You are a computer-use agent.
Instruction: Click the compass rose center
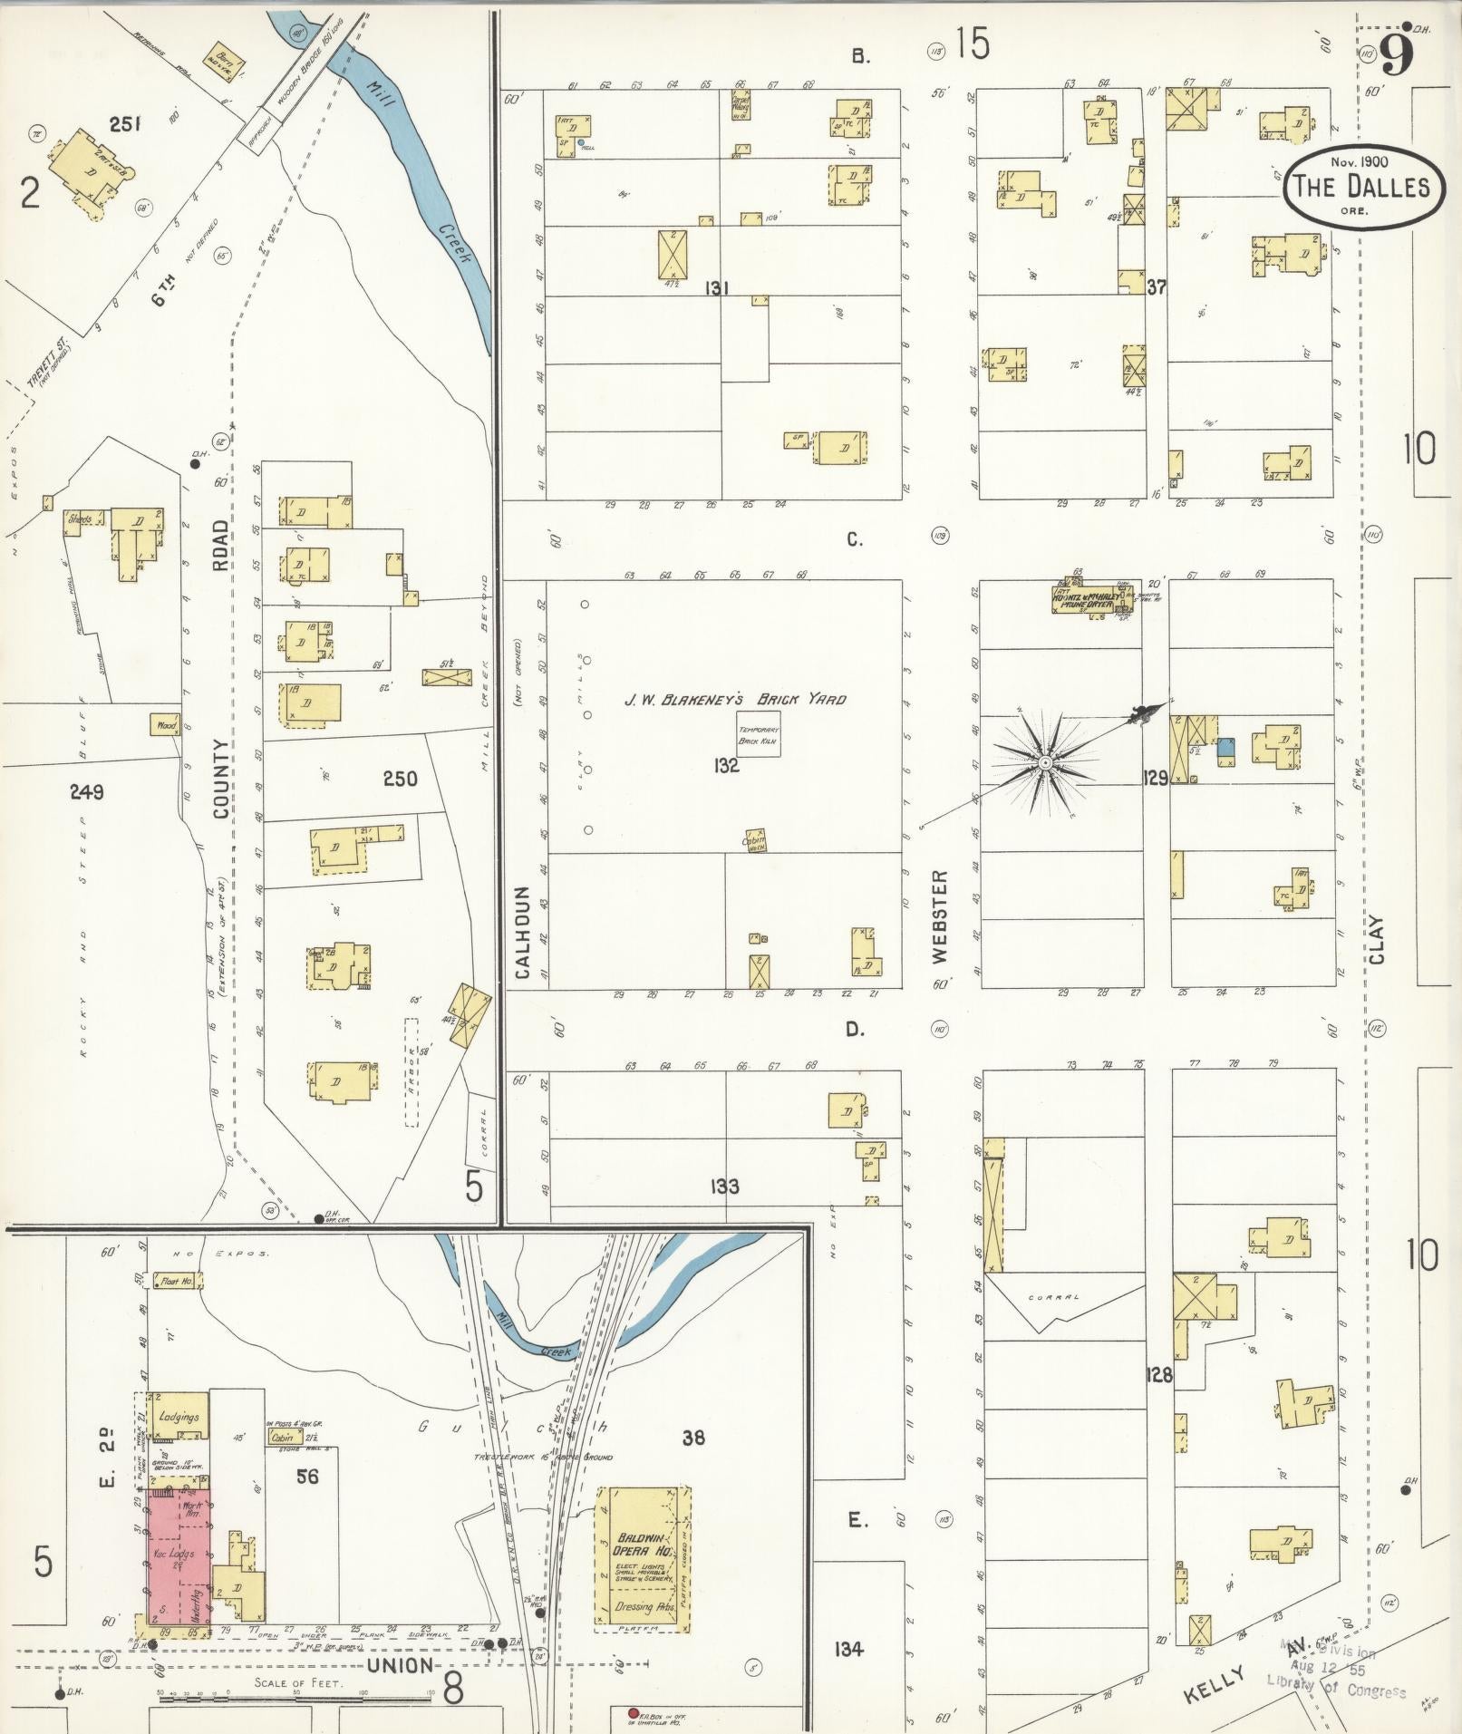(1045, 763)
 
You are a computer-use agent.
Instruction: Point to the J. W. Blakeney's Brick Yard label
(735, 699)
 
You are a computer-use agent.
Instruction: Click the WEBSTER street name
(939, 915)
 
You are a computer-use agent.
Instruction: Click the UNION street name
(401, 1666)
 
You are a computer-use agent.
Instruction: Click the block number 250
(400, 778)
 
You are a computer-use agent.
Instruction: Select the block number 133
(724, 1186)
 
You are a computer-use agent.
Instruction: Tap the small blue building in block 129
(1225, 748)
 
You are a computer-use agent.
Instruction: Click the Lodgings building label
(178, 1416)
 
